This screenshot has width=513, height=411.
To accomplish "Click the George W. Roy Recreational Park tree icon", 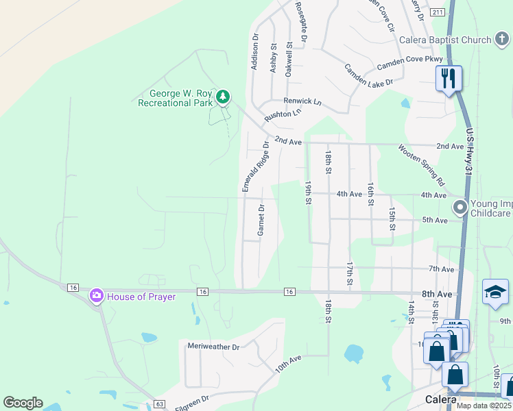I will coord(222,98).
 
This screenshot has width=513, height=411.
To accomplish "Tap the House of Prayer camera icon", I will coord(96,296).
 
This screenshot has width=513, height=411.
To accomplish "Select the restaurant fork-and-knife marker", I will coord(449,79).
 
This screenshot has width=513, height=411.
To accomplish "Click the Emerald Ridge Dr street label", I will coord(252,166).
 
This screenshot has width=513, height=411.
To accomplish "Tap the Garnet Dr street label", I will coord(261,220).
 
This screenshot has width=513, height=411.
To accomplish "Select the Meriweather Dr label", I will coord(213,347).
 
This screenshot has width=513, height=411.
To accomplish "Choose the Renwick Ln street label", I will coord(303,101).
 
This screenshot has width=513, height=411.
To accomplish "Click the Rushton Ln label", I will coord(283,114).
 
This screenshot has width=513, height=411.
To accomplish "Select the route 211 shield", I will coord(438,12).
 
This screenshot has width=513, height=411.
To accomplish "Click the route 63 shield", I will coord(160,404).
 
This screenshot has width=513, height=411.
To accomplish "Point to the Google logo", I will coord(23,403).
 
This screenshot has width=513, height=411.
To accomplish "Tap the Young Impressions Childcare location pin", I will coord(460,206).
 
